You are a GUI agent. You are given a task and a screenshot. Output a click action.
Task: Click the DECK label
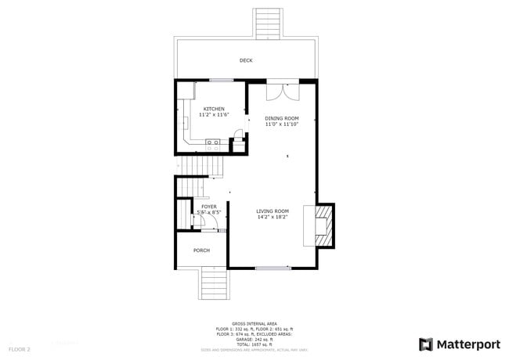246,60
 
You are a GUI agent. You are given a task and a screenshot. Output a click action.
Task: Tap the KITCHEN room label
214,109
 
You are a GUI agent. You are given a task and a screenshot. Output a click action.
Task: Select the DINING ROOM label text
281,118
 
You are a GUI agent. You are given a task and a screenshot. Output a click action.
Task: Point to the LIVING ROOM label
273,211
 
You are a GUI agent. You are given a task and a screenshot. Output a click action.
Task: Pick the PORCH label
201,250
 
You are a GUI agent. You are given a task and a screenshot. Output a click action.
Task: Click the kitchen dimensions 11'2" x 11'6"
214,115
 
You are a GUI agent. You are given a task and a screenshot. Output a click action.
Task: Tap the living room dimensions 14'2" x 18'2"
273,217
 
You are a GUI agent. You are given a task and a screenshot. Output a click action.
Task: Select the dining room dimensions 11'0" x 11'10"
281,124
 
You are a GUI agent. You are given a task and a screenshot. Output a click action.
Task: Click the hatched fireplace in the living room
324,225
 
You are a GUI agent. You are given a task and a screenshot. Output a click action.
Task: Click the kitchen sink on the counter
211,142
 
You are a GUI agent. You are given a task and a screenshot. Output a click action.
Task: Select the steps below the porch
214,283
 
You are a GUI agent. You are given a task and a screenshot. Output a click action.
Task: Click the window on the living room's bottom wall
273,268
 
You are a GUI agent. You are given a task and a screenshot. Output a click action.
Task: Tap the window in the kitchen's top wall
220,80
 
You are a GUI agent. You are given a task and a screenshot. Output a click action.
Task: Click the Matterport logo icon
426,344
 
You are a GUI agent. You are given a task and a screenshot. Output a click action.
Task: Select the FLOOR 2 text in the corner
20,348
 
